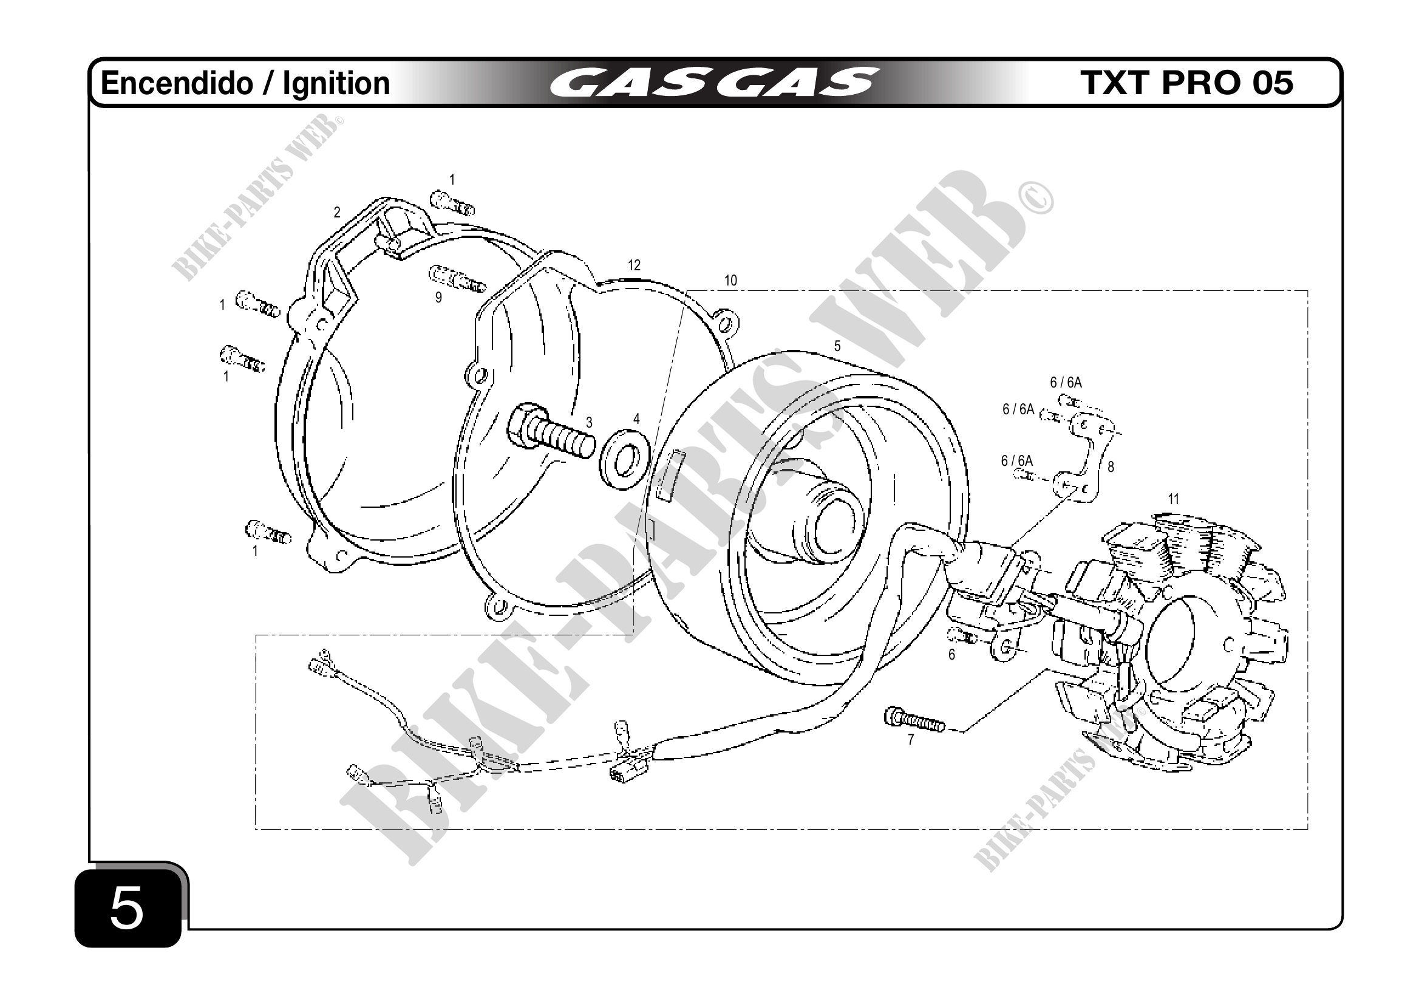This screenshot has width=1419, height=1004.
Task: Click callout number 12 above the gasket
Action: click(x=634, y=265)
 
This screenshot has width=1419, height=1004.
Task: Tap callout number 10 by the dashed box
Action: click(x=730, y=281)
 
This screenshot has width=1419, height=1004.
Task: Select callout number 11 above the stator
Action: click(x=1173, y=499)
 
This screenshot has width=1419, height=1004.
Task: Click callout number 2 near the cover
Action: click(x=337, y=213)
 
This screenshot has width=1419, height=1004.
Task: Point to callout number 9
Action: click(x=438, y=298)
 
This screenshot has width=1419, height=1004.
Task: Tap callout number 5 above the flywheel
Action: click(x=837, y=346)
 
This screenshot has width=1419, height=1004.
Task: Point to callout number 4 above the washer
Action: click(x=636, y=419)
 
